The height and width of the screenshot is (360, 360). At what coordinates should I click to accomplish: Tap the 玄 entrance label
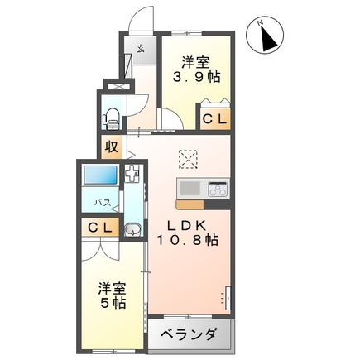(141, 48)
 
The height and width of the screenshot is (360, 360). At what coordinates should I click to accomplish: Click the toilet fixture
(111, 115)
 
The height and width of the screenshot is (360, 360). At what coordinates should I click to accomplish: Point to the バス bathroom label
(102, 203)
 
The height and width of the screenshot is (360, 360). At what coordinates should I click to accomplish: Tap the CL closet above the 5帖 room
(100, 228)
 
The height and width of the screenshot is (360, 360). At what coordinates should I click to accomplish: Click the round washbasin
(132, 229)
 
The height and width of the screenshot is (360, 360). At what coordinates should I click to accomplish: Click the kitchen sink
(190, 186)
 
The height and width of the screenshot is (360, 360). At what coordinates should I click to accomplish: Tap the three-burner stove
(216, 188)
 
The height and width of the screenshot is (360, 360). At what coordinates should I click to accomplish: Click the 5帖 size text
(114, 304)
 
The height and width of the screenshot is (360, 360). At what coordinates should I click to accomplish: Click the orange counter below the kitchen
(190, 204)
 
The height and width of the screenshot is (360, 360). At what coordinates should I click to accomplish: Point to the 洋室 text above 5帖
(113, 288)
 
